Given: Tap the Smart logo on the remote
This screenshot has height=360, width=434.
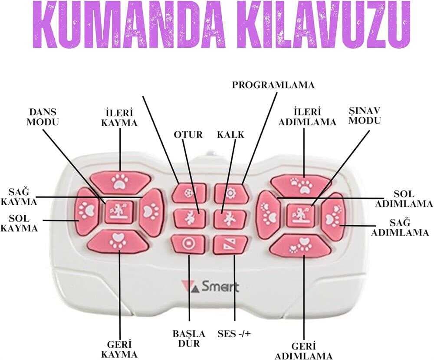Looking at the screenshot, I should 210,286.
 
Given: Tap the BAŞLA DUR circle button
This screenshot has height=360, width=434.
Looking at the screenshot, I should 188,244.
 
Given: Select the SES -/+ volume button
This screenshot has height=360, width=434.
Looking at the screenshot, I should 229,245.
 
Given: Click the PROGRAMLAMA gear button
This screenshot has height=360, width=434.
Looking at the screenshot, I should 230,193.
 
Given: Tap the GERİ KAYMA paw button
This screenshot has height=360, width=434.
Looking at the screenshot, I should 118,241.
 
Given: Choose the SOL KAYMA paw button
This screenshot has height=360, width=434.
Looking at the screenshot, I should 85,211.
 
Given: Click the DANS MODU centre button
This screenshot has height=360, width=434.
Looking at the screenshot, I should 118,212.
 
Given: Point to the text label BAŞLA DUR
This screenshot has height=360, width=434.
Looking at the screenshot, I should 188,338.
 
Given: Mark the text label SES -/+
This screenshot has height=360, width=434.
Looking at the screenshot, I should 235,334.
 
